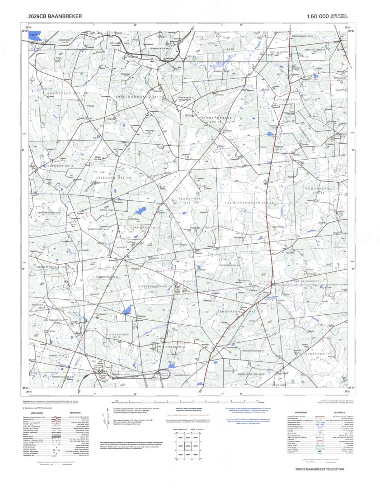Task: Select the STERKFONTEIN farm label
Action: tap(216, 119)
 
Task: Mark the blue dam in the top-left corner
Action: tap(34, 34)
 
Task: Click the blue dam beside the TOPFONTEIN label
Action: tap(141, 211)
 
